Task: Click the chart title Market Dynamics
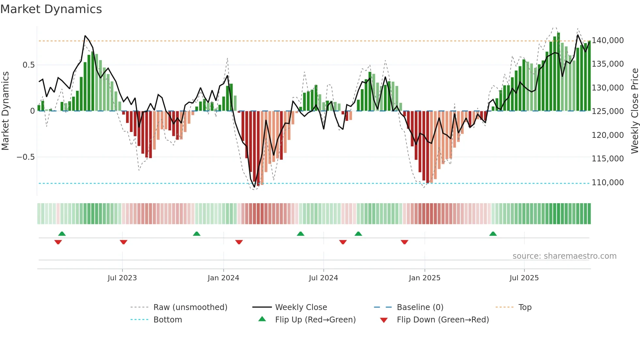51,9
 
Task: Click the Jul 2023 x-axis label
122,278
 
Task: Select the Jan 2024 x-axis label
223,278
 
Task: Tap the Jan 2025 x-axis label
424,278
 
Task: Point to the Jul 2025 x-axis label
524,278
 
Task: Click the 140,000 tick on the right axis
608,41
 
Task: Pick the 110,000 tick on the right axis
608,183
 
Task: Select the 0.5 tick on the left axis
28,65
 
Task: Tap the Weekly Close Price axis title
634,111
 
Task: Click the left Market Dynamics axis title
5,111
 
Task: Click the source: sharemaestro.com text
564,256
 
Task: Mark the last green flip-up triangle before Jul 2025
493,234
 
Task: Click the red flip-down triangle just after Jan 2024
239,242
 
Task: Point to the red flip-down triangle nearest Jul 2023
123,242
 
